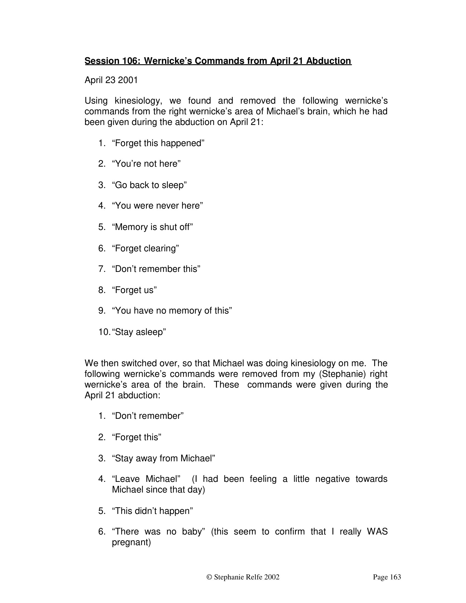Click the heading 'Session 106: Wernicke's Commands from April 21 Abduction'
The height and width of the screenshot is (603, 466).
[x=218, y=61]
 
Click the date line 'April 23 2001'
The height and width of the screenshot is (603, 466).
[x=111, y=80]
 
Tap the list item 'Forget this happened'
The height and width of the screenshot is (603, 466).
[x=158, y=143]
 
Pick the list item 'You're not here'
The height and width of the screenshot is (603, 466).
[x=146, y=164]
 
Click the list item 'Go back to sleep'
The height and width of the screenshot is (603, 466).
[x=149, y=185]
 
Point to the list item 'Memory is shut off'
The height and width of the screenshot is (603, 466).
[x=152, y=227]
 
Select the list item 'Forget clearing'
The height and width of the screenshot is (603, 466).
[x=146, y=248]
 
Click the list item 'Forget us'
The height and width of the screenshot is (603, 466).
[x=134, y=290]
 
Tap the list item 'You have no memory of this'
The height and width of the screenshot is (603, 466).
[x=172, y=311]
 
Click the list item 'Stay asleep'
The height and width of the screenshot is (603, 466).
[x=139, y=332]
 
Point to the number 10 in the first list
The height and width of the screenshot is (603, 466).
[x=104, y=332]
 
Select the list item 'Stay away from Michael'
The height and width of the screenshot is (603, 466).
[x=163, y=458]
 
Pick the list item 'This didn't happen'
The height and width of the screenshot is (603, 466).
[x=152, y=511]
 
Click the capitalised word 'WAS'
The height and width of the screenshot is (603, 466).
[x=377, y=531]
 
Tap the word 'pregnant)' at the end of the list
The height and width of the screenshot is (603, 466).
[x=131, y=542]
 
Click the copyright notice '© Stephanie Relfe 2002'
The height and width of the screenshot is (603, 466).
[x=243, y=577]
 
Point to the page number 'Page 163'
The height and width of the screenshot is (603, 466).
[x=387, y=577]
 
